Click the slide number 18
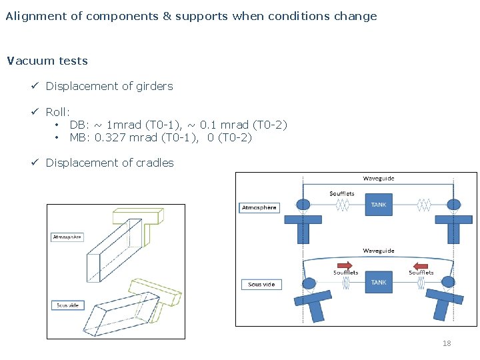pyautogui.click(x=447, y=343)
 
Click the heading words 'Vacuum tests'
pyautogui.click(x=47, y=61)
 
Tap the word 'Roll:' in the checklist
pyautogui.click(x=58, y=112)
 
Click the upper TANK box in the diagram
pyautogui.click(x=379, y=205)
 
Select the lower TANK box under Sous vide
pyautogui.click(x=379, y=283)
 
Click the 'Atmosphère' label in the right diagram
pyautogui.click(x=259, y=207)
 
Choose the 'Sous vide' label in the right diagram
pyautogui.click(x=261, y=285)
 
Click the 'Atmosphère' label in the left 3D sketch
pyautogui.click(x=67, y=237)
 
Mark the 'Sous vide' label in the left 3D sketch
pyautogui.click(x=67, y=305)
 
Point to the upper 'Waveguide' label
pyautogui.click(x=378, y=179)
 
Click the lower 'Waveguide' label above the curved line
pyautogui.click(x=378, y=251)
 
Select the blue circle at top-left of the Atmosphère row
pyautogui.click(x=303, y=205)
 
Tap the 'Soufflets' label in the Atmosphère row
pyautogui.click(x=342, y=194)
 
